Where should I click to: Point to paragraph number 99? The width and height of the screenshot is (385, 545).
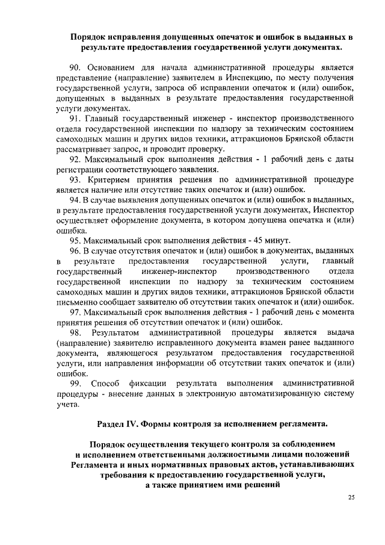(x=77, y=383)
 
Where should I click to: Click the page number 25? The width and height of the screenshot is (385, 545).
(x=351, y=497)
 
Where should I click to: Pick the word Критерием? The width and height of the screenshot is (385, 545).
(x=113, y=180)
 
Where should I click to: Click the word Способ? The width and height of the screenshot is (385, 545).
(x=108, y=383)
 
